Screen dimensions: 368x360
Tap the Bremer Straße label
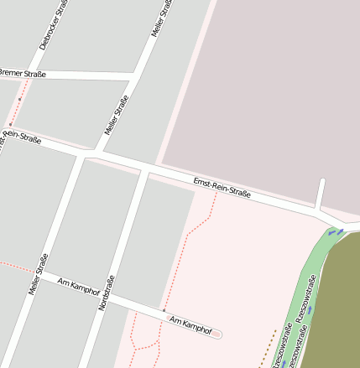[23, 74]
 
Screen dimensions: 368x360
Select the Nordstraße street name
[105, 293]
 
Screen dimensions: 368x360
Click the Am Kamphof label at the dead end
[190, 325]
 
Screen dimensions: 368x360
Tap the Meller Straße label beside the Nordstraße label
[39, 275]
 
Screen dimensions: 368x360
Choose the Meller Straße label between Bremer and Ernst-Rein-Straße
[116, 117]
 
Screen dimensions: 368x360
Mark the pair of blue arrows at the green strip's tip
[336, 231]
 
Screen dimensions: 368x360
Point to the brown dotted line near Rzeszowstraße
[269, 348]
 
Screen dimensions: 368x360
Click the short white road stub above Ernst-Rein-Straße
[320, 194]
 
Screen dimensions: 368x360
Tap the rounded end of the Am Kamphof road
[218, 334]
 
